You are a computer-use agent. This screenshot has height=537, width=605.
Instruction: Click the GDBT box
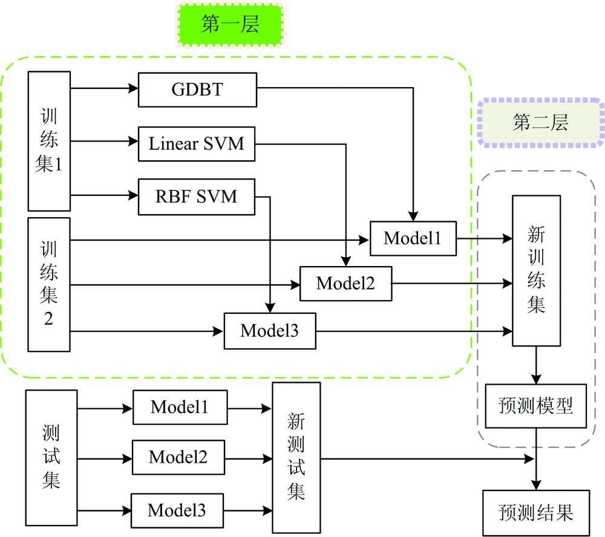pyautogui.click(x=197, y=89)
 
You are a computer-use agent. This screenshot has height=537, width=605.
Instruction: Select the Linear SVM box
pyautogui.click(x=197, y=143)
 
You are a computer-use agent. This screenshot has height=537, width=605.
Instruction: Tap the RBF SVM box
pyautogui.click(x=197, y=196)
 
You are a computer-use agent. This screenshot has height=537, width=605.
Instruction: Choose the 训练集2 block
pyautogui.click(x=49, y=284)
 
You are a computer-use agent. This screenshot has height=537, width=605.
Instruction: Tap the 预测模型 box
pyautogui.click(x=535, y=405)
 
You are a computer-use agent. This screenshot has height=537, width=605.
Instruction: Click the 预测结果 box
pyautogui.click(x=535, y=513)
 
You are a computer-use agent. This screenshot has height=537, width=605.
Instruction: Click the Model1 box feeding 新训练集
pyautogui.click(x=412, y=238)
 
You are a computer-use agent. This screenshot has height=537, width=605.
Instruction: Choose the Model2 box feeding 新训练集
pyautogui.click(x=345, y=282)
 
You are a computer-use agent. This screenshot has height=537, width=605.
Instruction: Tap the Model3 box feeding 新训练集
pyautogui.click(x=270, y=331)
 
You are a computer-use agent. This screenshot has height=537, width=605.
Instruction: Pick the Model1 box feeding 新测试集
pyautogui.click(x=180, y=408)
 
